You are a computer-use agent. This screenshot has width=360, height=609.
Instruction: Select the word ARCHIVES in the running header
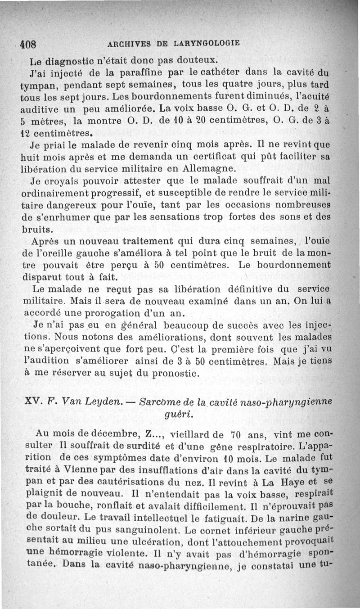127,44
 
